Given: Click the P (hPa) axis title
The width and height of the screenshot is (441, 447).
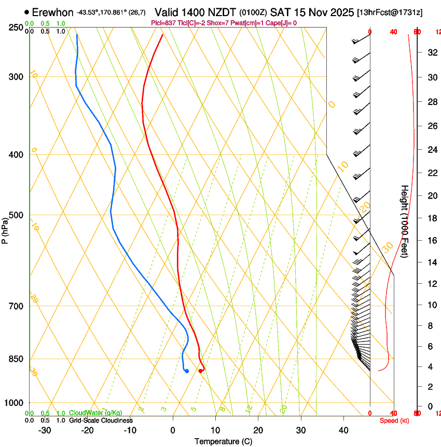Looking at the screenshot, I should coord(5,229).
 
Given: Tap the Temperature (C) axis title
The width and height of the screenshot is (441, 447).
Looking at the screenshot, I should coord(223,441).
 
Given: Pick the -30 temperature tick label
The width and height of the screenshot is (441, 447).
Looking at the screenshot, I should coord(45,430).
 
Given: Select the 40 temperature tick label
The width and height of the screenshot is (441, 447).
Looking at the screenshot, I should coord(343,430).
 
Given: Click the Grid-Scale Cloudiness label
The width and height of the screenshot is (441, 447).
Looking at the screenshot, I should coord(101,420).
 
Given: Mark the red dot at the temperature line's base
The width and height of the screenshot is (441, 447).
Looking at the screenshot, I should coord(200,371).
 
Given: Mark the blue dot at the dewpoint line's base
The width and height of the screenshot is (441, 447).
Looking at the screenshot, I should coord(186,371).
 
